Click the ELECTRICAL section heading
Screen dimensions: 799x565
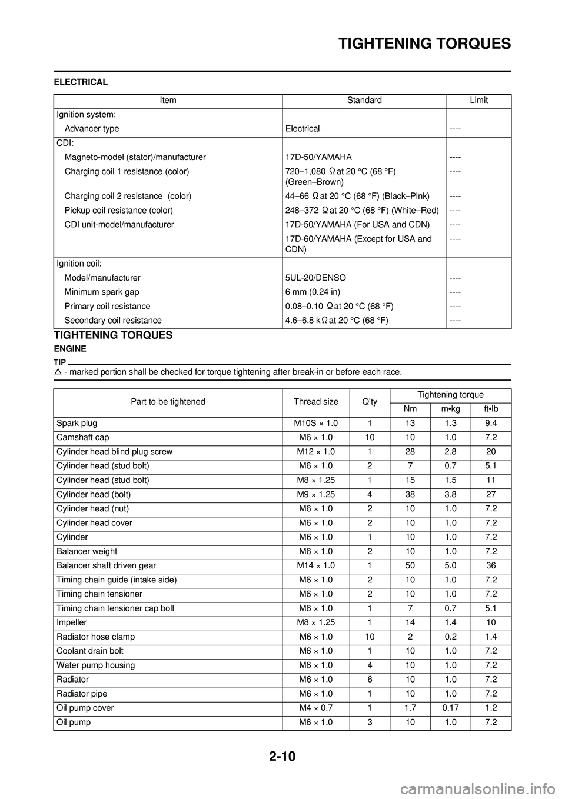(81, 82)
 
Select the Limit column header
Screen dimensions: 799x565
(478, 101)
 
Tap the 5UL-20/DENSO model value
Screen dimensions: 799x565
(315, 278)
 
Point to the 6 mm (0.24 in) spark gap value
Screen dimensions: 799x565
(313, 292)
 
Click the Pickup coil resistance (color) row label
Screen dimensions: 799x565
(118, 210)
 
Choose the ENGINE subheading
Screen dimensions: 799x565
(70, 349)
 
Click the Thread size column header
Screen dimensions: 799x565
(316, 402)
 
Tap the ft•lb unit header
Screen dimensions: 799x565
(491, 409)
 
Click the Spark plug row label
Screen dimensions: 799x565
(77, 424)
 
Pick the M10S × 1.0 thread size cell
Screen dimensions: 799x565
(316, 424)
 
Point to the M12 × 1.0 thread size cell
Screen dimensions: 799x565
(316, 452)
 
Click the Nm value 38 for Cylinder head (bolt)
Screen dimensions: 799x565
(410, 495)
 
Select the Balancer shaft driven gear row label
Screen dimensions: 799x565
(107, 566)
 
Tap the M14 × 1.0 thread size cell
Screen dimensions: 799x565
(316, 566)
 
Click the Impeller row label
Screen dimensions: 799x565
(72, 622)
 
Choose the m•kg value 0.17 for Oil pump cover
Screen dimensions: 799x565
(450, 708)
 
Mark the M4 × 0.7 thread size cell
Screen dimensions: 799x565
(316, 708)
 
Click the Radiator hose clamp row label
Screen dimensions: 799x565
(95, 637)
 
